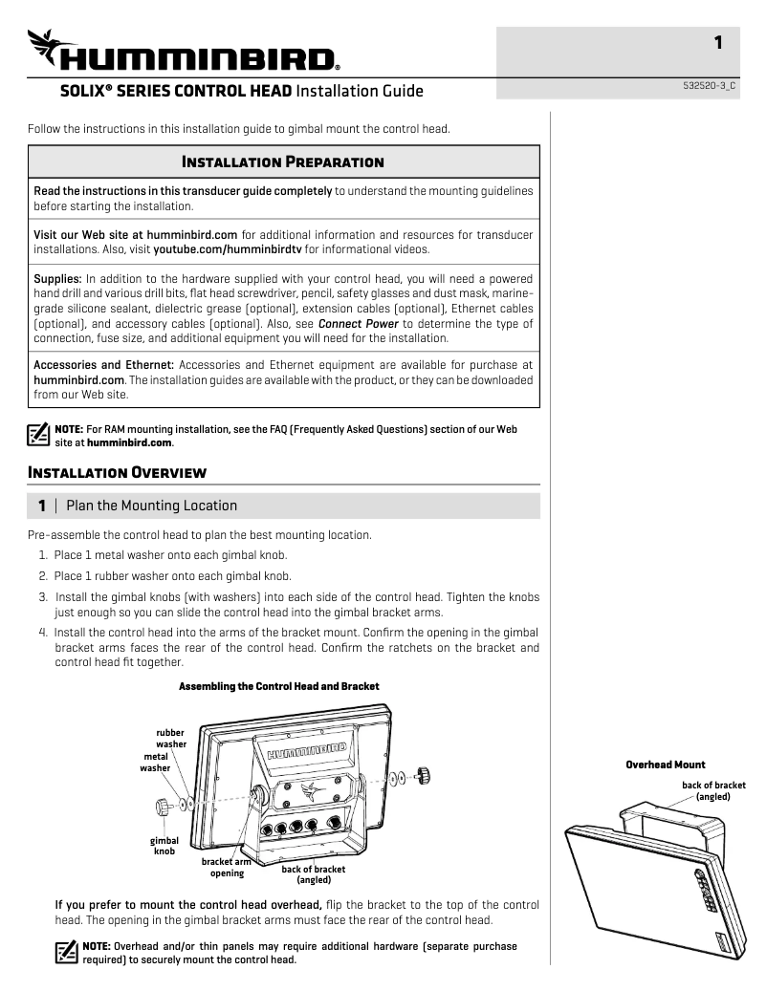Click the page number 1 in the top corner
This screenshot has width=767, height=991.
(718, 42)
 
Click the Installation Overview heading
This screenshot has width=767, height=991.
(118, 472)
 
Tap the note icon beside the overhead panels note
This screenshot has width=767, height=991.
(67, 953)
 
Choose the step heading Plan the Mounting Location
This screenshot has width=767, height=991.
(151, 505)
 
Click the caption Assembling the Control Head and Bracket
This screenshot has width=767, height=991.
(279, 686)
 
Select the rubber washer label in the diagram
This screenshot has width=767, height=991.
(170, 739)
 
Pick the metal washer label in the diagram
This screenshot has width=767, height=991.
(155, 762)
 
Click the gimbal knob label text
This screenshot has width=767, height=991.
(164, 846)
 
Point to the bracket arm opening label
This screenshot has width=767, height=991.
(227, 867)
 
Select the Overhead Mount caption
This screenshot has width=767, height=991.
(665, 765)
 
